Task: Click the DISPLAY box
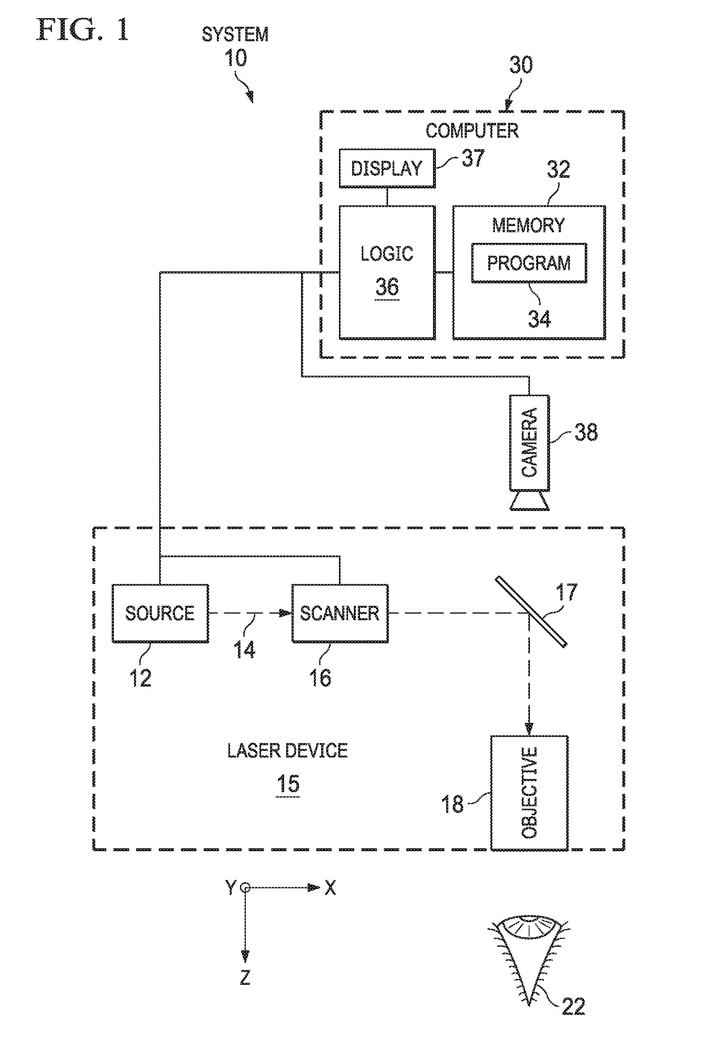[x=387, y=168]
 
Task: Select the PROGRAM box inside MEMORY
[x=529, y=263]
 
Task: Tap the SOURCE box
[x=160, y=613]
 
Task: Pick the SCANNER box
[x=340, y=613]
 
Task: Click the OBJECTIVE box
[x=529, y=793]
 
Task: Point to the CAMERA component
[x=529, y=452]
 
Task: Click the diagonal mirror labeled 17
[x=531, y=612]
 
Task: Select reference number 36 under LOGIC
[x=387, y=287]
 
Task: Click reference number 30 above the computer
[x=521, y=65]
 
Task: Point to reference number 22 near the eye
[x=573, y=1006]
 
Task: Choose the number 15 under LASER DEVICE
[x=288, y=784]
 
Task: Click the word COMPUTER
[x=472, y=131]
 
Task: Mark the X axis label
[x=330, y=888]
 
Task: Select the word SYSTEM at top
[x=235, y=35]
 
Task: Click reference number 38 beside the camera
[x=586, y=432]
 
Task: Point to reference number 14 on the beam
[x=244, y=650]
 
